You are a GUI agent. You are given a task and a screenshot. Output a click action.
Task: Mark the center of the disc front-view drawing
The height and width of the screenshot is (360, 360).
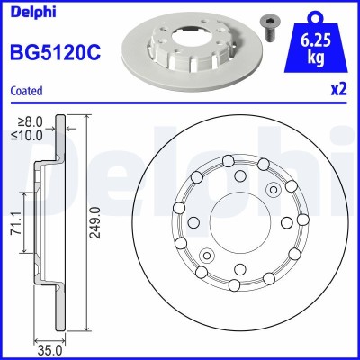237,222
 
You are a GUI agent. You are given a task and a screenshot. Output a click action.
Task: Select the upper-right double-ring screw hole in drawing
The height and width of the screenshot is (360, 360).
274,188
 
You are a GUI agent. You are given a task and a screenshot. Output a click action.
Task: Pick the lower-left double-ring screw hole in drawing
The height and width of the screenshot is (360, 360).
206,256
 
